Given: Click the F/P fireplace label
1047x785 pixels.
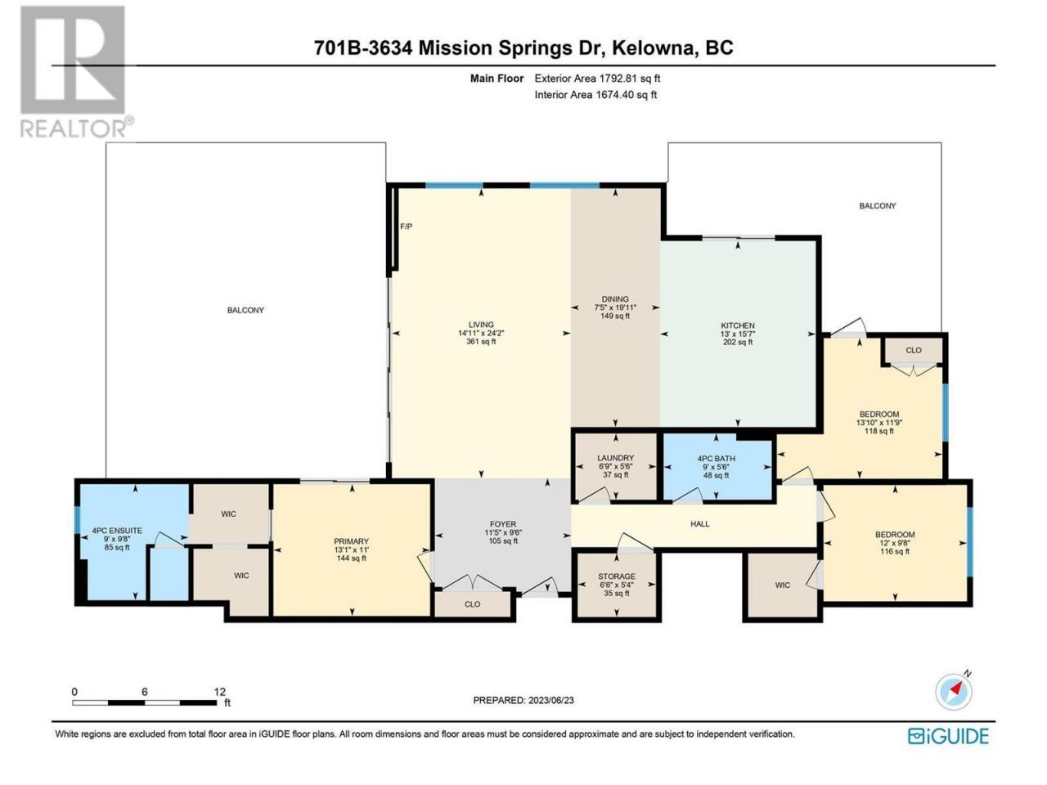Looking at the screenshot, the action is tap(406, 227).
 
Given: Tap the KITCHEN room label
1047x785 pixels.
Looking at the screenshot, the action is tap(738, 325).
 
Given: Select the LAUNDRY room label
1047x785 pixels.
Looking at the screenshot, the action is tap(615, 458).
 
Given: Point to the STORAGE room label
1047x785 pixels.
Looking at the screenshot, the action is tap(616, 576).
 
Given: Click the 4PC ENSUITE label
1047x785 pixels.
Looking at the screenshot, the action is tap(117, 531).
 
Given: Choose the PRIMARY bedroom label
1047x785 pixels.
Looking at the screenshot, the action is tap(351, 541).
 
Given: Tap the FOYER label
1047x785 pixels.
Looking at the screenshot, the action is tap(503, 524).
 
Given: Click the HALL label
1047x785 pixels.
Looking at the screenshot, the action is tap(699, 524).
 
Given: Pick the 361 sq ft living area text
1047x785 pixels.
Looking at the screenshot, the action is tap(481, 342).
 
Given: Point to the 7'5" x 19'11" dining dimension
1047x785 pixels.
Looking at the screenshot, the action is tap(615, 307).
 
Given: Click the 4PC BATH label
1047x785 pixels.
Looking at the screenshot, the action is tap(716, 459).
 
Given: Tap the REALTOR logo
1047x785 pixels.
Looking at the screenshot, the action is tap(76, 71).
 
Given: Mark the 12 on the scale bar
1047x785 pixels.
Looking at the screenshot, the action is tap(219, 692).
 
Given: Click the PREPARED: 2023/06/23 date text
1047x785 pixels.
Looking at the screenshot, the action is tap(523, 700).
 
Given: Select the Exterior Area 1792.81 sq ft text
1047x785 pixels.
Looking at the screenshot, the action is tap(597, 78).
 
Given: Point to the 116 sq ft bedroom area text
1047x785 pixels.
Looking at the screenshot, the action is tap(895, 551).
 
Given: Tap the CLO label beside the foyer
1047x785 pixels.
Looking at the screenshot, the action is tap(472, 604).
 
